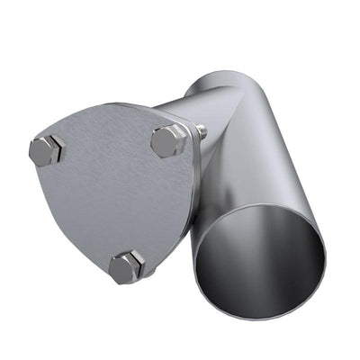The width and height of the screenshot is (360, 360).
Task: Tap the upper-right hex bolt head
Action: pos(168,140)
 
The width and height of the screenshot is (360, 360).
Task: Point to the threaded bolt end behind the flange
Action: pos(201,132)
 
